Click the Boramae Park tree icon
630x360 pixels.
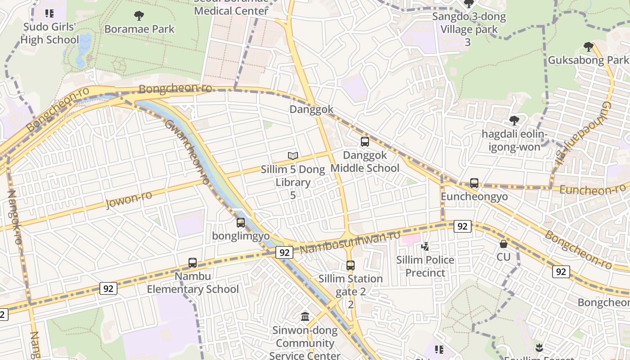[139, 16]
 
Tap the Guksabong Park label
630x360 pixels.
[588, 60]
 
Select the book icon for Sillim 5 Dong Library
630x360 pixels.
[293, 156]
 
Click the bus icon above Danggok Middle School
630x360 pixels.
[365, 142]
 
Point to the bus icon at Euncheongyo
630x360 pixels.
[474, 183]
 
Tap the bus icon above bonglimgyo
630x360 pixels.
[241, 222]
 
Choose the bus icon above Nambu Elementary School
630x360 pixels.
[193, 263]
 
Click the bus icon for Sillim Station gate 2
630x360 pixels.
[351, 265]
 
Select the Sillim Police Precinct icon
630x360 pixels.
[425, 246]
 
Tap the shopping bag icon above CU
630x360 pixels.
[504, 244]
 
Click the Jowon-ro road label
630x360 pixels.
[129, 199]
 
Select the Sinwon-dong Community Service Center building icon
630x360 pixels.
[305, 317]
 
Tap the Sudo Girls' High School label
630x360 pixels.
[49, 33]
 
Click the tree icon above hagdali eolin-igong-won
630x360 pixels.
[514, 121]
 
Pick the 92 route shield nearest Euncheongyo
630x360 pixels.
[462, 226]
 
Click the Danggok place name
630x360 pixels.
[311, 109]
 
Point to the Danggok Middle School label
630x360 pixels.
[365, 162]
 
